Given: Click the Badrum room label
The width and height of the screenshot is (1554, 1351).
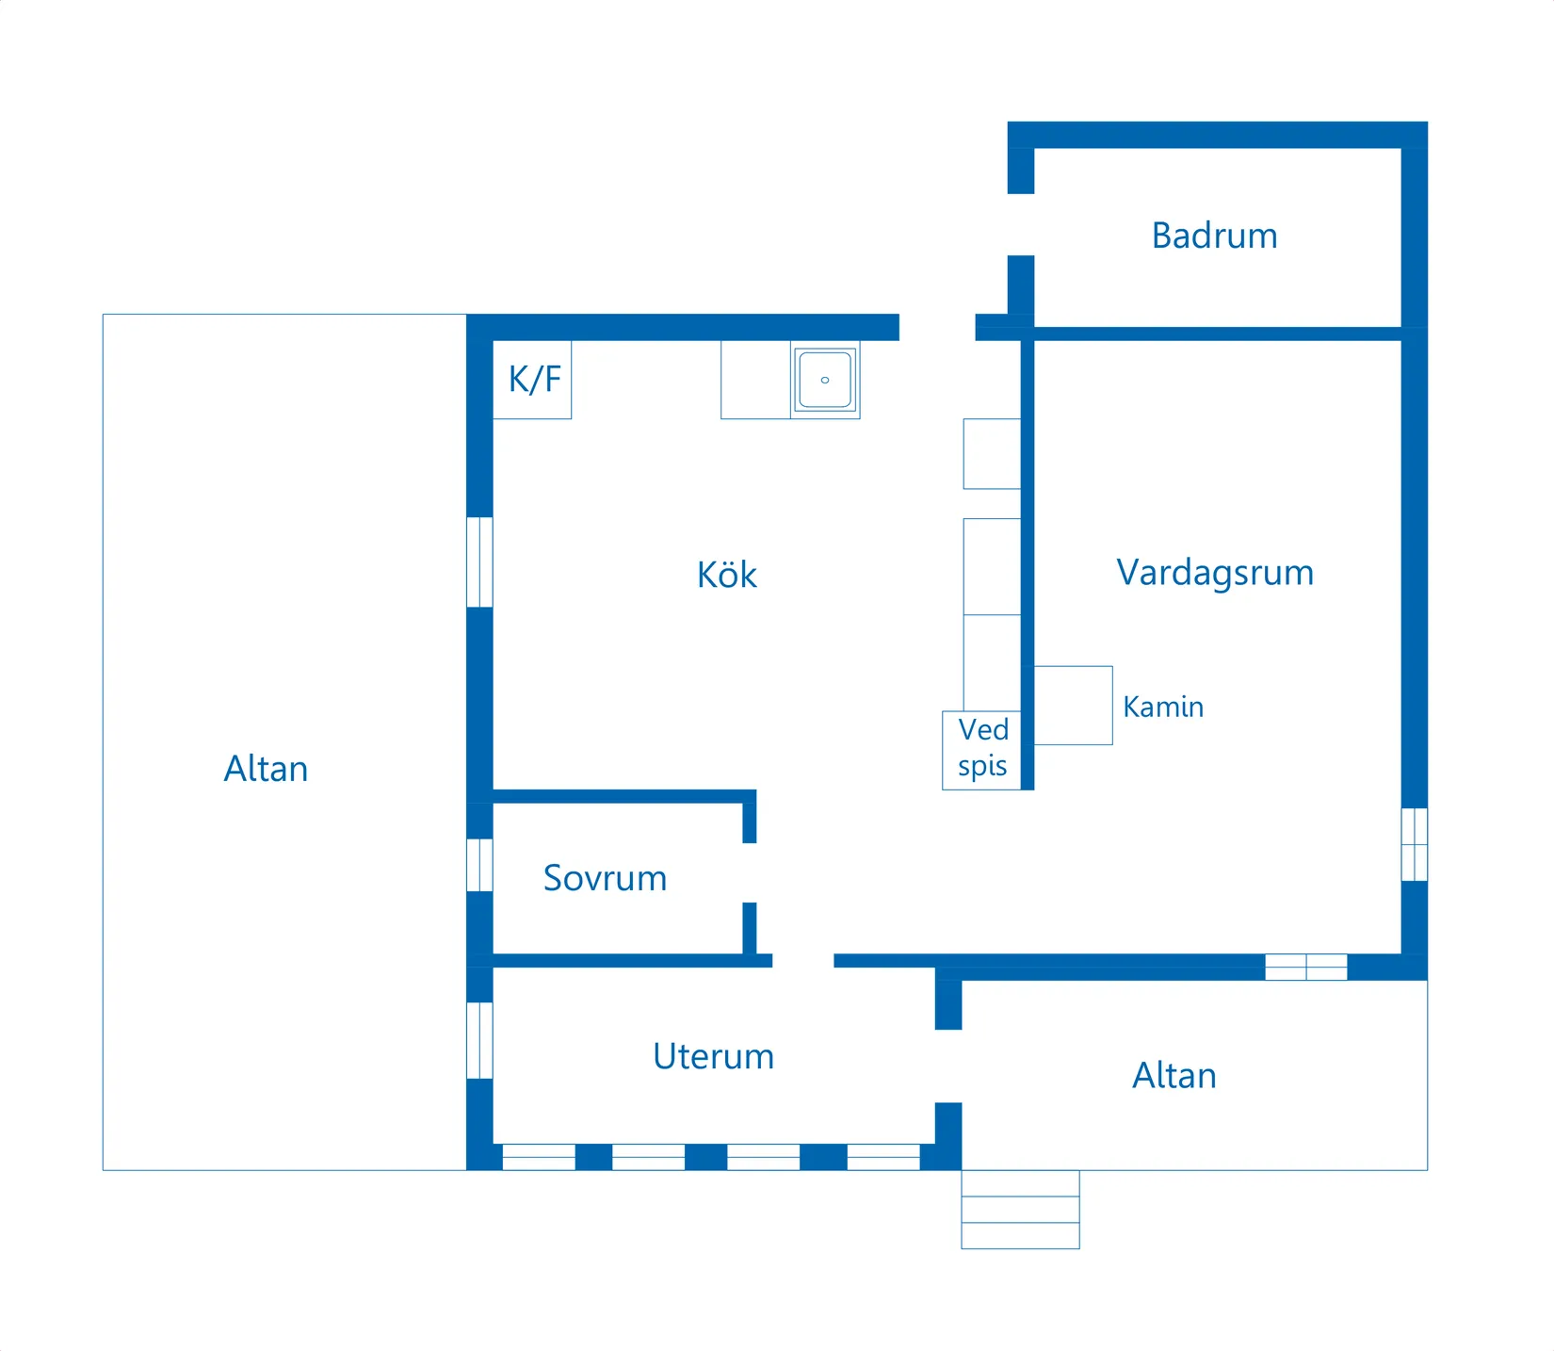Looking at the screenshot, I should point(1214,236).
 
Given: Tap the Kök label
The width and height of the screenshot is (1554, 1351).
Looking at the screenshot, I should point(726,575).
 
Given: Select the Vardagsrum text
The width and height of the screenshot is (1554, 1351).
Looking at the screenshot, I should point(1215,573).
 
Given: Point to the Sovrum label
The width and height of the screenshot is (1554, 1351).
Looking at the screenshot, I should point(605,878).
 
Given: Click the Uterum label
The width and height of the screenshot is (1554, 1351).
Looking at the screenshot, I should point(713,1056).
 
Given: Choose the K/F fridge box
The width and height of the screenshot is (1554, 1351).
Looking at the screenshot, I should point(532,380).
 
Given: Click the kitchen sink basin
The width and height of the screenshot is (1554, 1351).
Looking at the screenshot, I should point(825,380).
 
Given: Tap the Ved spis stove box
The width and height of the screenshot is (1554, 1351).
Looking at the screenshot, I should point(981,750).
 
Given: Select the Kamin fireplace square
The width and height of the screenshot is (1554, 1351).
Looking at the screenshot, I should point(1073,706).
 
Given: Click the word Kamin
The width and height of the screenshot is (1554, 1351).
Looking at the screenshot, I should point(1163,707).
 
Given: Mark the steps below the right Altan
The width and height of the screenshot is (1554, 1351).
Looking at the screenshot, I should point(1020,1210).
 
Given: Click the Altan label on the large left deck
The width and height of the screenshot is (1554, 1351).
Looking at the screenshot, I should point(266,769).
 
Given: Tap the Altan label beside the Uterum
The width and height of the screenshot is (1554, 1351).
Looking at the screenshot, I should point(1174,1076).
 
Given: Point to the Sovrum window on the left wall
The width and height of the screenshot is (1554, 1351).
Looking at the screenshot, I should point(479,865).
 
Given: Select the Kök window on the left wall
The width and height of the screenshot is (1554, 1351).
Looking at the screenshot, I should point(479,562).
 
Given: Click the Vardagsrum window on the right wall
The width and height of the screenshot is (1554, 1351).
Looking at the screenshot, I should point(1414,844).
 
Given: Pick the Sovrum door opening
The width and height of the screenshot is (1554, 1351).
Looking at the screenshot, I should point(750,873).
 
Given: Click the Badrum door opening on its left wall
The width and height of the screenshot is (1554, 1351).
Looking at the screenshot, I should point(1021,224).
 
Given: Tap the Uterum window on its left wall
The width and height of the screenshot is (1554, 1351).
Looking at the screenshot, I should point(479,1040).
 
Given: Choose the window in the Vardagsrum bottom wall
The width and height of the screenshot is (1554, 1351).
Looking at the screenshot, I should point(1305,968).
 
